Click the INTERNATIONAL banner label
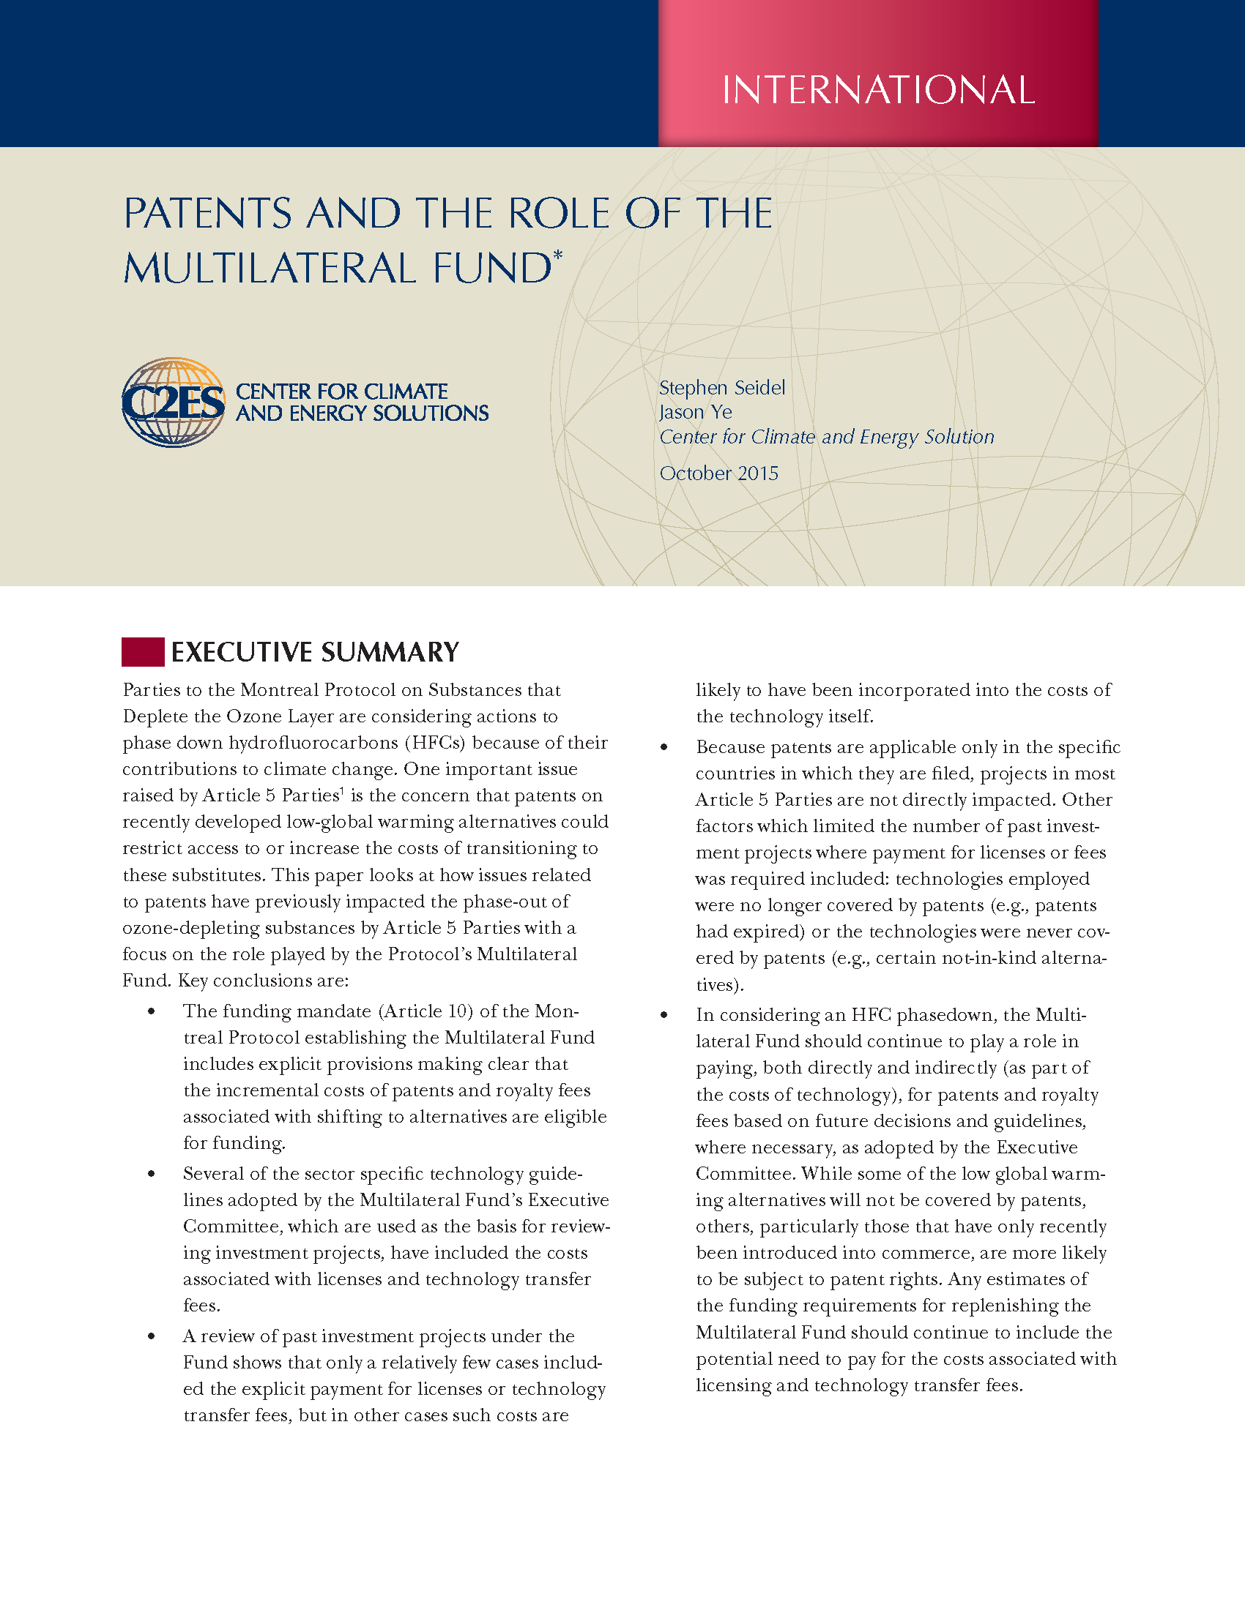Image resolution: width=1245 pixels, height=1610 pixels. (x=877, y=90)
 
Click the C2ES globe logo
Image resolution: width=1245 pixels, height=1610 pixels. (x=174, y=402)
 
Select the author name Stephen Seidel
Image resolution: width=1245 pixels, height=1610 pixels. (x=721, y=388)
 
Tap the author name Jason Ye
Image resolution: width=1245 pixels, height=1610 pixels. (x=695, y=412)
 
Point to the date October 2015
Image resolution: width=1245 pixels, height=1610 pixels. (x=718, y=473)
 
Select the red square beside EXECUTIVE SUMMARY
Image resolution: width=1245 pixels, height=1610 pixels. (x=142, y=651)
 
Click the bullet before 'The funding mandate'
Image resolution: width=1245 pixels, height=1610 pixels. (x=151, y=1011)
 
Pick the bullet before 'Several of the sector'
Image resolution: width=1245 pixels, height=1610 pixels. (x=151, y=1174)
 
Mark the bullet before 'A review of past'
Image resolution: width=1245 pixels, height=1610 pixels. (x=151, y=1336)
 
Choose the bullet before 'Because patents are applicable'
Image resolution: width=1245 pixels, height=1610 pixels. (x=664, y=747)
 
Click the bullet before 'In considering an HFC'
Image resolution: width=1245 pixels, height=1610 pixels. (x=664, y=1015)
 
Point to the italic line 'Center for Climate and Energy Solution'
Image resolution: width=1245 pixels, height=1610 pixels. (x=826, y=437)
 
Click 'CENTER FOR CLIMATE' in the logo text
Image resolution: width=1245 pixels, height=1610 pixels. (x=341, y=392)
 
